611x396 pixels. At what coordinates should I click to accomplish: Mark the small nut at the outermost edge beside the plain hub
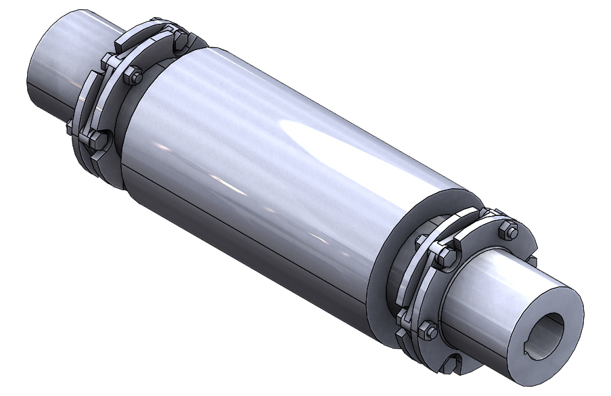tap(70, 126)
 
